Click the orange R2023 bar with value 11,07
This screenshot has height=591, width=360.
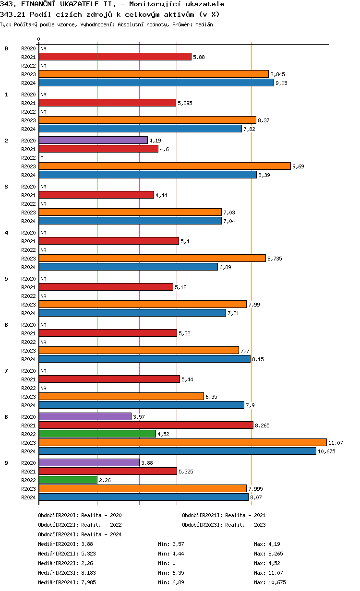[x=182, y=442]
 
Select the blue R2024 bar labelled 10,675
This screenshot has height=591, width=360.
[x=178, y=451]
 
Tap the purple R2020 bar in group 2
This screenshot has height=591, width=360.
[x=93, y=140]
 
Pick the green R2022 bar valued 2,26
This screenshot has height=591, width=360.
[x=68, y=480]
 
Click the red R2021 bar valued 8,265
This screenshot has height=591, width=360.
[x=146, y=425]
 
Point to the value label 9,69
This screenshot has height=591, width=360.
[x=298, y=166]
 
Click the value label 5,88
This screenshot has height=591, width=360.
[x=199, y=57]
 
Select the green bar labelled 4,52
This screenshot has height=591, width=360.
[x=97, y=434]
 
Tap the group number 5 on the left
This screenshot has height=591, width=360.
[x=6, y=279]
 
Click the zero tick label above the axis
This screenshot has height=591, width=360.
[x=39, y=39]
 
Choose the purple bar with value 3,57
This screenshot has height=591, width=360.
[x=85, y=416]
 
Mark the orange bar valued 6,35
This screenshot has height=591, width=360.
[x=121, y=396]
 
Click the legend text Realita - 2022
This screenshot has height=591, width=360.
[x=101, y=525]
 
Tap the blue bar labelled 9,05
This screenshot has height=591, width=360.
[x=156, y=83]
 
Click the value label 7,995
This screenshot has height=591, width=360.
[x=255, y=489]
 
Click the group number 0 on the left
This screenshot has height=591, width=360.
[x=6, y=48]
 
